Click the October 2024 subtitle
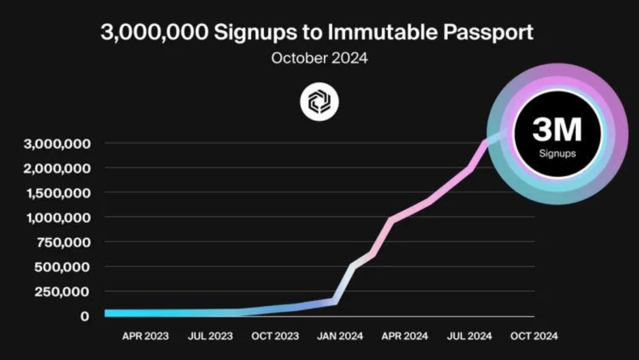click(x=319, y=58)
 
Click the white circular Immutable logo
click(x=319, y=102)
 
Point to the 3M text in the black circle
click(x=557, y=130)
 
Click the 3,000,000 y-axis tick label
click(x=58, y=144)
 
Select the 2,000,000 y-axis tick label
click(x=58, y=168)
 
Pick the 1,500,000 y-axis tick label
click(x=58, y=193)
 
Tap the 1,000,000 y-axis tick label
click(x=58, y=217)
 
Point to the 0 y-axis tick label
click(x=84, y=316)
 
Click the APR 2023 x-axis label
click(x=145, y=336)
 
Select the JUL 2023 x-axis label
click(x=210, y=336)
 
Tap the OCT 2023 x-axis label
click(x=275, y=336)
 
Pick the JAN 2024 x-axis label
click(x=341, y=336)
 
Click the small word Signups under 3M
click(x=557, y=153)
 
